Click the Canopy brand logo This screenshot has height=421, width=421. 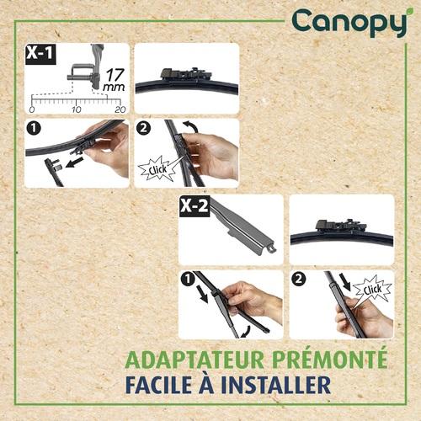coord(349,23)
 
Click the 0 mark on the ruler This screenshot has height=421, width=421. coord(32,109)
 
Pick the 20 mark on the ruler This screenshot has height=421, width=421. coord(119,109)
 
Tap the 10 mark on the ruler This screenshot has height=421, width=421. coord(76,109)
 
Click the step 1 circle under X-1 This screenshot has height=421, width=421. coord(34,131)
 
